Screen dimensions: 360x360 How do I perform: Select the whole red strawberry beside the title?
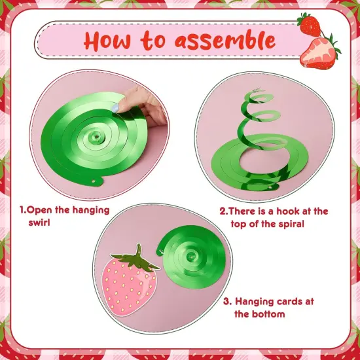coord(309,24)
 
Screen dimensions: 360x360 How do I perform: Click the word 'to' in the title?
coord(154,41)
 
